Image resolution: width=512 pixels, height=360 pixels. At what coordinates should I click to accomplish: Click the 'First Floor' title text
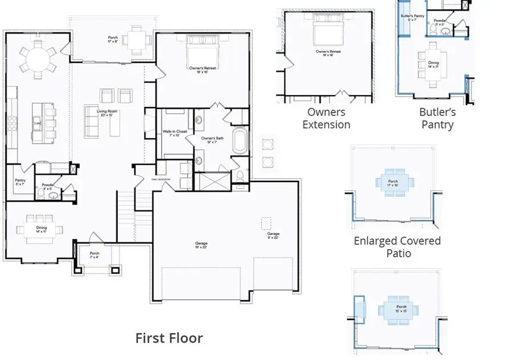coord(169,338)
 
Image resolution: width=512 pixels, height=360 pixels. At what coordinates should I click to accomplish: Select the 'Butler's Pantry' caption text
coord(436,118)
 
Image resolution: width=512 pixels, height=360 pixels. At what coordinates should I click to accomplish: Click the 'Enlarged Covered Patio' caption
coord(397,246)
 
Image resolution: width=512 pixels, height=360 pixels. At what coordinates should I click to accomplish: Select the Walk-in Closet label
coord(175,133)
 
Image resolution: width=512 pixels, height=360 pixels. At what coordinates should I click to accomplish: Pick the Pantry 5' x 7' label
coord(20,182)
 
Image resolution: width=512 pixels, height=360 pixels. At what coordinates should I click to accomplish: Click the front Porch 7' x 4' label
coord(94,255)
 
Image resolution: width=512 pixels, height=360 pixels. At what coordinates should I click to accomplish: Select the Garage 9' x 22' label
coord(273,235)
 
